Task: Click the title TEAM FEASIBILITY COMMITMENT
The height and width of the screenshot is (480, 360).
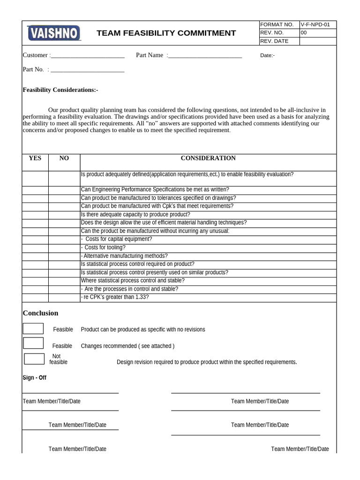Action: pyautogui.click(x=166, y=33)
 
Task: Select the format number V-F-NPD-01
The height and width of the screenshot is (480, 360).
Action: pyautogui.click(x=317, y=25)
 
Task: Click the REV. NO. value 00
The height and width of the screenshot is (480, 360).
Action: pyautogui.click(x=303, y=33)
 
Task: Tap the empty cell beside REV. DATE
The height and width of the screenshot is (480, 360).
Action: pyautogui.click(x=317, y=41)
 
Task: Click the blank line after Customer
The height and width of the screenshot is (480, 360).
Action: pyautogui.click(x=88, y=56)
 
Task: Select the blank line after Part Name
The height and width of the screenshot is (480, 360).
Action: pyautogui.click(x=205, y=56)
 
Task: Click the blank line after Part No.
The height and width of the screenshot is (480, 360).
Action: pyautogui.click(x=87, y=70)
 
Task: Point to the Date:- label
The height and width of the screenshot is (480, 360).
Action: pyautogui.click(x=267, y=56)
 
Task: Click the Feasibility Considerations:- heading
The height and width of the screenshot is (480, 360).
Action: pyautogui.click(x=60, y=90)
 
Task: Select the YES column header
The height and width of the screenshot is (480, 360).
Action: pyautogui.click(x=35, y=158)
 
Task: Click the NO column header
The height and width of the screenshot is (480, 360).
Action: pyautogui.click(x=64, y=158)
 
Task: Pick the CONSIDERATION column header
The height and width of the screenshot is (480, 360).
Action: pyautogui.click(x=208, y=158)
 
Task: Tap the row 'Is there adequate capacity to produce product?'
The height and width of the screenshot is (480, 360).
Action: pyautogui.click(x=135, y=214)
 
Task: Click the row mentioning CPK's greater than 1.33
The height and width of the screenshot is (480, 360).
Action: pyautogui.click(x=115, y=297)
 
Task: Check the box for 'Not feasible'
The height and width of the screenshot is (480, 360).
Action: pyautogui.click(x=34, y=359)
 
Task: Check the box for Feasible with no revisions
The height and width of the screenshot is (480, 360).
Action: pyautogui.click(x=33, y=329)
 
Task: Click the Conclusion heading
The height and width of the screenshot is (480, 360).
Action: pyautogui.click(x=41, y=313)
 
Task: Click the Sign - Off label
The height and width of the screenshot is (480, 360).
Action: pyautogui.click(x=35, y=378)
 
